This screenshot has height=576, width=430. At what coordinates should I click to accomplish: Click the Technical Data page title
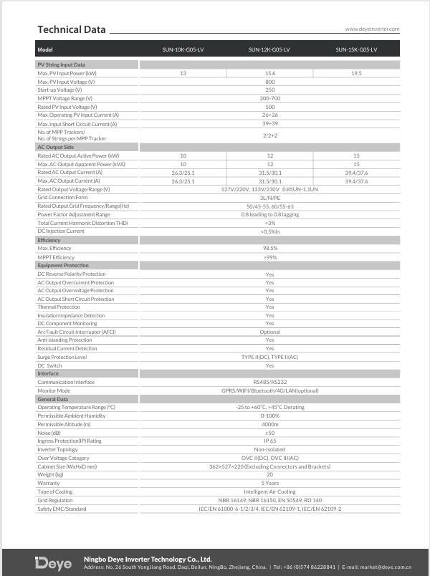tap(71, 29)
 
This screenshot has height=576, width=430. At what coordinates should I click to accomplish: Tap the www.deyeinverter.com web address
tap(372, 29)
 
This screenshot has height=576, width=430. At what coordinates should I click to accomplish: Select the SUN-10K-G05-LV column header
tap(183, 49)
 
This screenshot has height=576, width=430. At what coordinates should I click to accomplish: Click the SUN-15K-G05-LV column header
tap(356, 49)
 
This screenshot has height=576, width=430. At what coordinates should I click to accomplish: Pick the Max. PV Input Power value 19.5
tap(356, 73)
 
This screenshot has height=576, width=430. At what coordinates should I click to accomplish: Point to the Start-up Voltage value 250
tap(269, 90)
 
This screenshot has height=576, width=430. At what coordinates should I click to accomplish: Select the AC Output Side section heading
tap(56, 147)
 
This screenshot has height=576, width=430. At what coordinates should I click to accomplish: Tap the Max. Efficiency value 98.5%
tap(269, 249)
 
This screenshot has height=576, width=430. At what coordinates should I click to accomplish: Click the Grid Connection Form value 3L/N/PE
tap(269, 197)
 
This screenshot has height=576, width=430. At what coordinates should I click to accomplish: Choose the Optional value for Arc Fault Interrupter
tap(269, 332)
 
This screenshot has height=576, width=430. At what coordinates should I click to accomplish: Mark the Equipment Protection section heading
tap(63, 265)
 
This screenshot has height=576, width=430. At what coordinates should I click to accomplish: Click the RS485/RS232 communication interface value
tap(269, 382)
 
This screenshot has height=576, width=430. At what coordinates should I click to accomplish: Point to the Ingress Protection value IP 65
tap(269, 441)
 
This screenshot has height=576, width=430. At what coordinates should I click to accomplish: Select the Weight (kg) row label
tap(51, 474)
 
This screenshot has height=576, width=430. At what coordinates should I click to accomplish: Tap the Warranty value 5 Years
tap(269, 483)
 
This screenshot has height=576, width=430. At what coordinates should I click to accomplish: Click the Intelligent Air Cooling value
tap(269, 491)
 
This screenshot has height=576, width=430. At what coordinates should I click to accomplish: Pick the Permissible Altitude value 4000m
tap(269, 424)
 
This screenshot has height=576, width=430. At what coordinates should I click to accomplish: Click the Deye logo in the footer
tap(54, 562)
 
